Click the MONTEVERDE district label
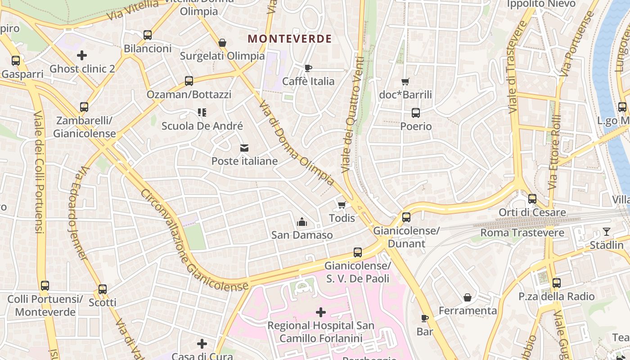290,39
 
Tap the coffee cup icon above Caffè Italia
308,68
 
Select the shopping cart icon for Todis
342,205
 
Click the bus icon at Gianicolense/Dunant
406,217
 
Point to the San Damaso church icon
302,222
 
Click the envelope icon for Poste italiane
244,148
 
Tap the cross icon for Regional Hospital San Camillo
321,312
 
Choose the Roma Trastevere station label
522,233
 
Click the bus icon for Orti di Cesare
532,198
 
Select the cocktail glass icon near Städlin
607,232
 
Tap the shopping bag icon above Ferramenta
468,297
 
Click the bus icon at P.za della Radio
557,283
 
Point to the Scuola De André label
202,126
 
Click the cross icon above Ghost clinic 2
82,55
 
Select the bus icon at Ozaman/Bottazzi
189,81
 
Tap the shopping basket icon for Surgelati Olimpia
222,43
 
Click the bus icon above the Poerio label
416,113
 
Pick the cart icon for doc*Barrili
405,81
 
